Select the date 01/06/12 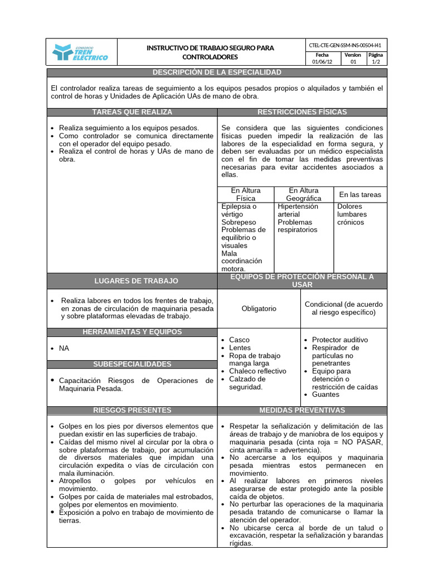coord(322,62)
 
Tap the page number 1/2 coord(376,62)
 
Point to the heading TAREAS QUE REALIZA coord(132,112)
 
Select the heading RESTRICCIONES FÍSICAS coord(302,112)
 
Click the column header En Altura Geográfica coord(303,194)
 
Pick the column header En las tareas coord(360,194)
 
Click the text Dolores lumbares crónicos coord(352,214)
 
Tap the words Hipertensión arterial coord(298,210)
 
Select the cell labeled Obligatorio coord(259,308)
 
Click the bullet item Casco coord(239,340)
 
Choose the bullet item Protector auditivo coord(340,340)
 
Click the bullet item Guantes coord(325,394)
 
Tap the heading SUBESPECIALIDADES coord(132,364)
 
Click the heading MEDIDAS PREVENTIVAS coord(302,410)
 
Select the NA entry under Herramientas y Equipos coord(64,348)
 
